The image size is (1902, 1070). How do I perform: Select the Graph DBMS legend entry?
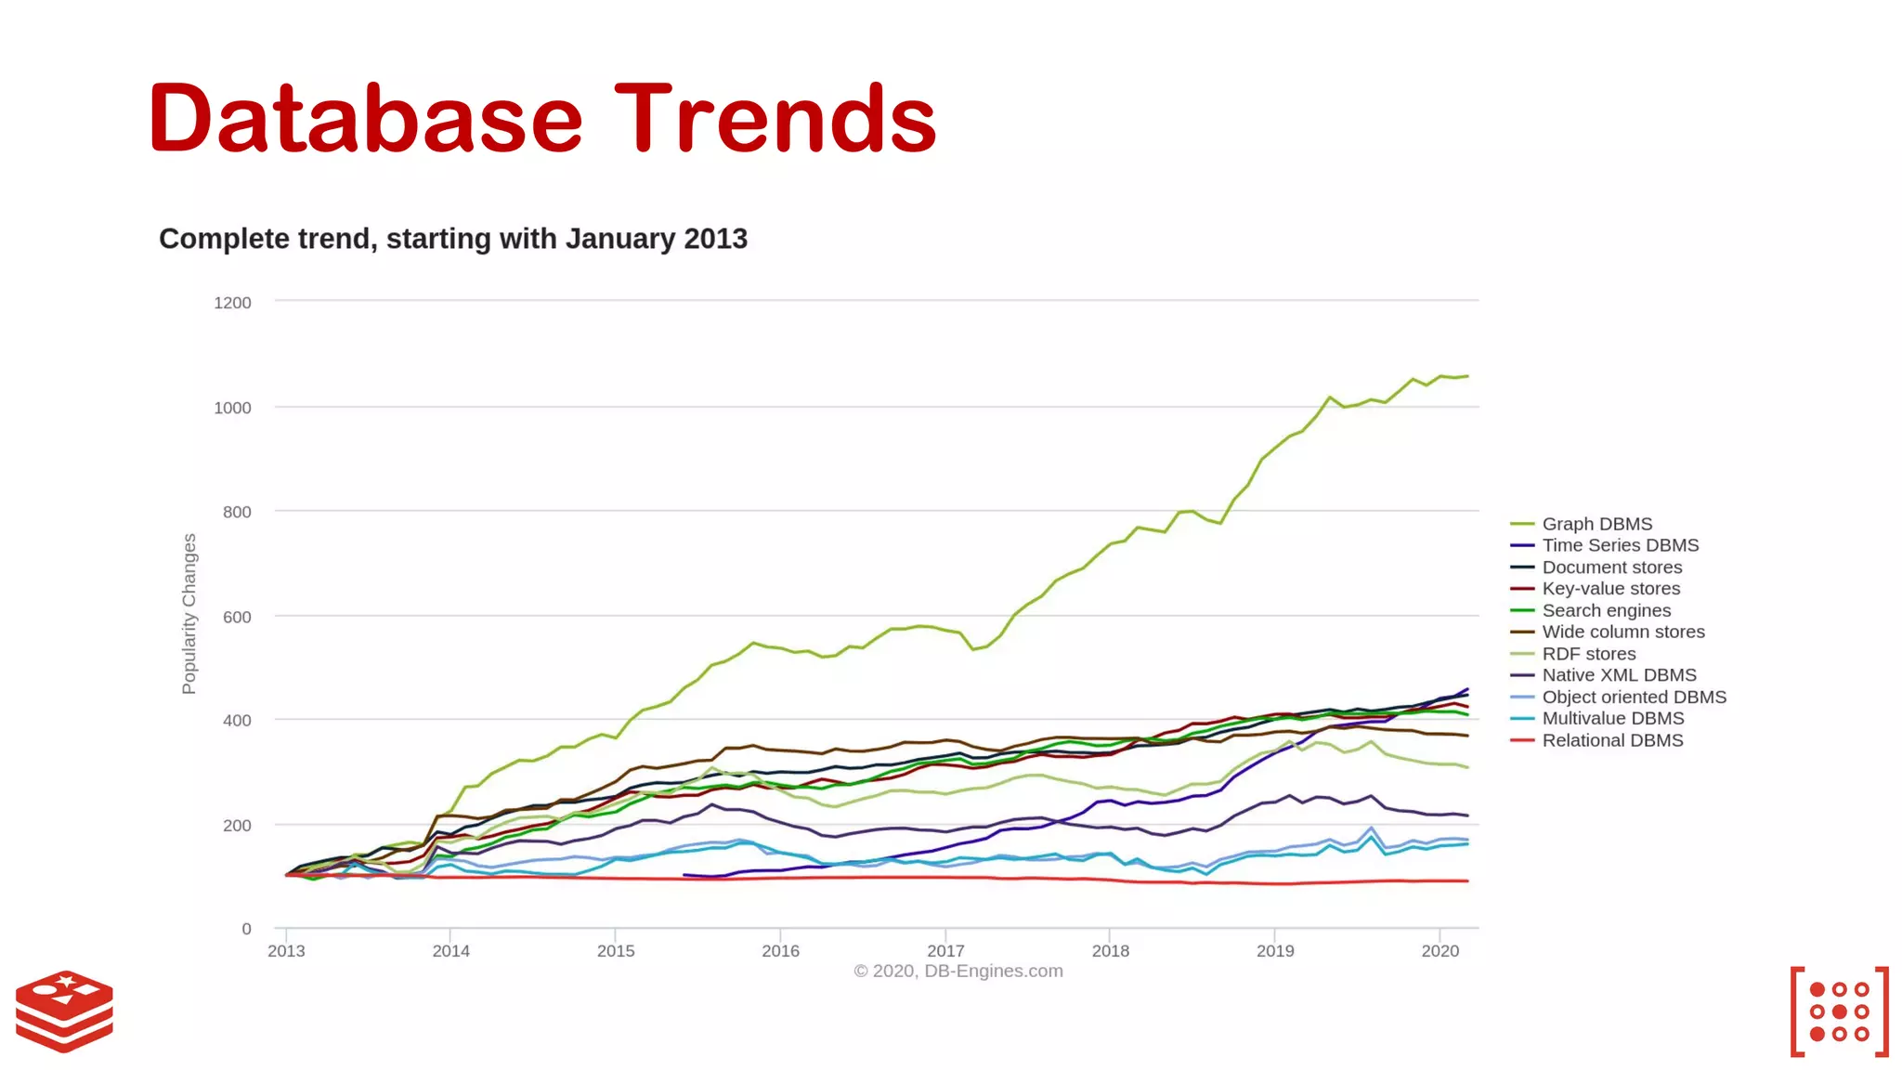(1596, 524)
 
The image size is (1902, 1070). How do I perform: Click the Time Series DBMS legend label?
(1620, 545)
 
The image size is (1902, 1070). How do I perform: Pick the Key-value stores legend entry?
(1610, 589)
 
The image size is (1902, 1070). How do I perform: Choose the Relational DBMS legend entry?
(1612, 740)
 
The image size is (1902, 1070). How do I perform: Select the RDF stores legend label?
(1589, 654)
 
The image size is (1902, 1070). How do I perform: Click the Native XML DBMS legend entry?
(1619, 675)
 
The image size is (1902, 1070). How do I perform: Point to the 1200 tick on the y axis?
(232, 303)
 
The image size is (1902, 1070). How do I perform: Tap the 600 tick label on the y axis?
(237, 617)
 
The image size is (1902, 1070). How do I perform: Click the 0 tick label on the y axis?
(246, 929)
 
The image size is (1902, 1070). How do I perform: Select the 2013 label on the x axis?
(286, 951)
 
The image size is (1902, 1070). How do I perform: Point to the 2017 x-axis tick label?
(945, 951)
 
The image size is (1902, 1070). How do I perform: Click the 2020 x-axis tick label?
(1440, 951)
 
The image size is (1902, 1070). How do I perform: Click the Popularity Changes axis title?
(189, 614)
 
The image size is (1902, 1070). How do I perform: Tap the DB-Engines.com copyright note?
(958, 972)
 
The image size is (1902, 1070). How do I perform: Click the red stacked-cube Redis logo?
(64, 1011)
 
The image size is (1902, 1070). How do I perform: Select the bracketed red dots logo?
(1839, 1011)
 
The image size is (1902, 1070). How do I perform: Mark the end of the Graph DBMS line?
(1467, 376)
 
